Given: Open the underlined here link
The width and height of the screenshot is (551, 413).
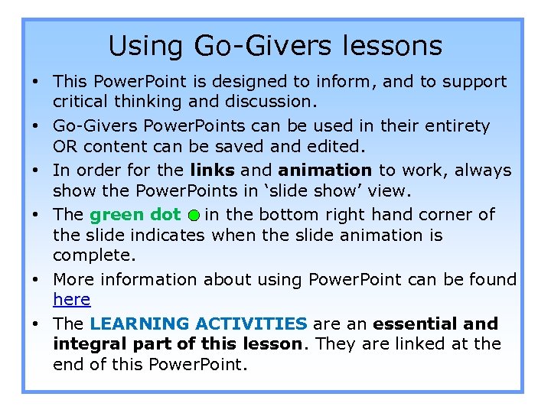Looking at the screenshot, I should [x=71, y=300].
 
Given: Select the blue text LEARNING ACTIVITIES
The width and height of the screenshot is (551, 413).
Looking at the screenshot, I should [x=198, y=324].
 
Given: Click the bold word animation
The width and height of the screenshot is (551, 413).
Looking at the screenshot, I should [x=325, y=170].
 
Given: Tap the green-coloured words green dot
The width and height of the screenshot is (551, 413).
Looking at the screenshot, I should [x=135, y=215].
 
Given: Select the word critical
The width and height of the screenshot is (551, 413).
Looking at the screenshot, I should [x=80, y=102].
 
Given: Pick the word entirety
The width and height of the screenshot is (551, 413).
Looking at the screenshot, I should [x=463, y=125].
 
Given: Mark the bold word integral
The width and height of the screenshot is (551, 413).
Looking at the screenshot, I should [x=84, y=344].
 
